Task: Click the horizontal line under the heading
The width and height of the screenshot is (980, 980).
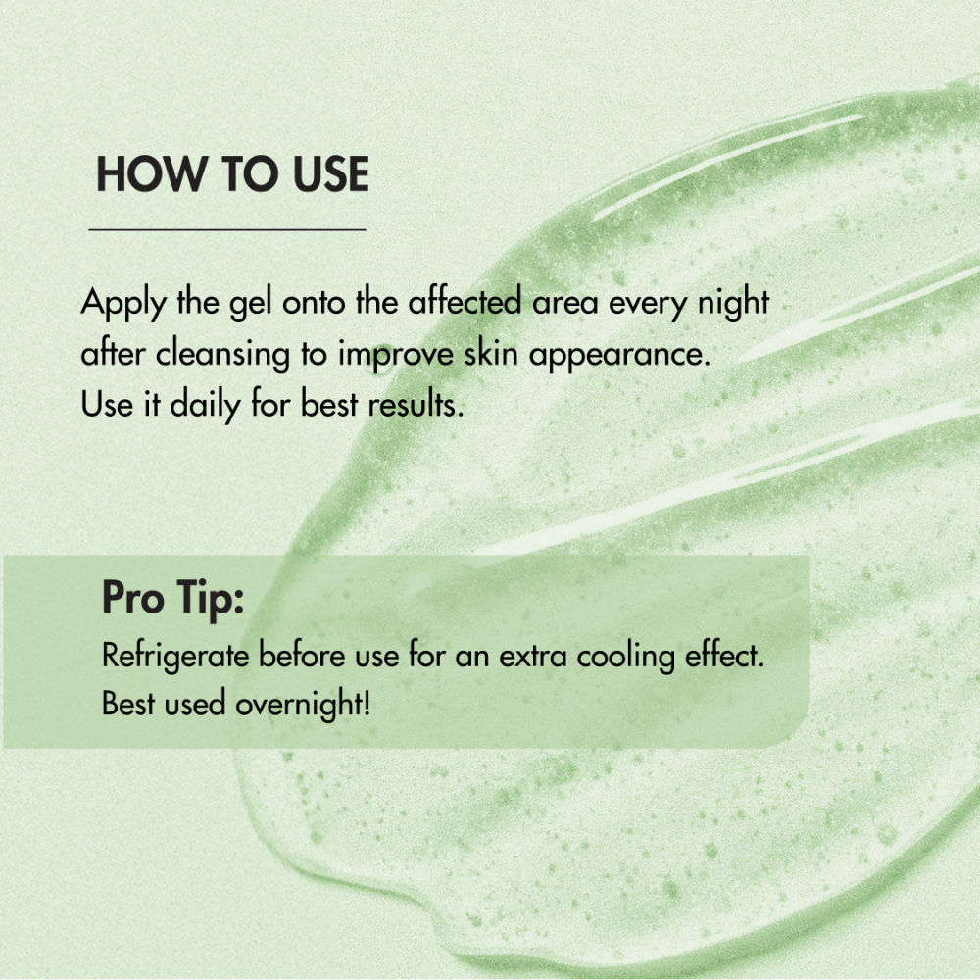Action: pos(227,230)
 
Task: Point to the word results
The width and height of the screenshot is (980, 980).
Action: pos(416,404)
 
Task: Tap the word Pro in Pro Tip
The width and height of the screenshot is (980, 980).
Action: pos(133,598)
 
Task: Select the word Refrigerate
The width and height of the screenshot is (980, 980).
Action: pos(175,658)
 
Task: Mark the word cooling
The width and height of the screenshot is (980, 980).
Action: pos(625,658)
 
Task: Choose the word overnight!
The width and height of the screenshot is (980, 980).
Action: pos(303,705)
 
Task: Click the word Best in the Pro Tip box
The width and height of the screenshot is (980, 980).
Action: pos(128,703)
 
